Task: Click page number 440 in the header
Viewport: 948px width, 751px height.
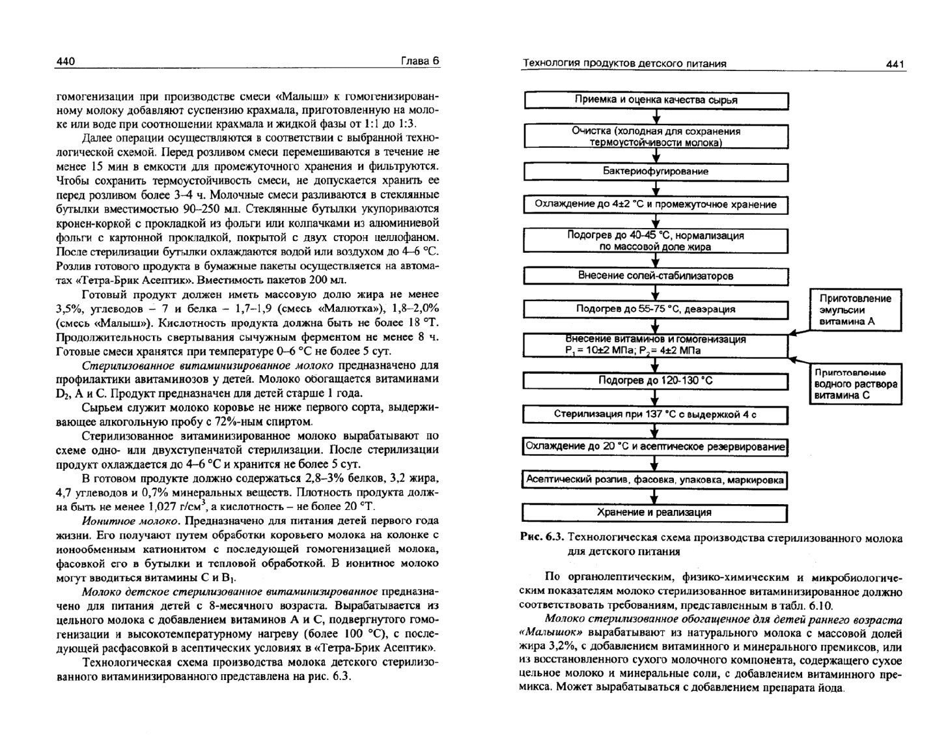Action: pyautogui.click(x=66, y=61)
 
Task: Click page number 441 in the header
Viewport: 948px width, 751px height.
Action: pyautogui.click(x=895, y=64)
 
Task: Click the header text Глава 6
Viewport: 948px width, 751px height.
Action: pyautogui.click(x=420, y=61)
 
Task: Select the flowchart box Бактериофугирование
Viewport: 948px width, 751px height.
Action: pyautogui.click(x=656, y=171)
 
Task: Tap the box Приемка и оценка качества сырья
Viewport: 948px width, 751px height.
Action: pyautogui.click(x=656, y=100)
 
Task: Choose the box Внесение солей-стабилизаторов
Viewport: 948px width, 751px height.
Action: pyautogui.click(x=656, y=276)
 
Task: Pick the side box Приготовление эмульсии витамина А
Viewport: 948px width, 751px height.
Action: pyautogui.click(x=855, y=310)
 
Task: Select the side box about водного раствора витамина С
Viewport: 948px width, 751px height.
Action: pyautogui.click(x=855, y=384)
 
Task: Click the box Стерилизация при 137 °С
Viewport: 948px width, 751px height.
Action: pyautogui.click(x=655, y=414)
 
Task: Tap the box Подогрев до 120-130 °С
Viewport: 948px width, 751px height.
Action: pyautogui.click(x=656, y=380)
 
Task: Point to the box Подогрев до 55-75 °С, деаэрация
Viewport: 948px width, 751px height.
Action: pyautogui.click(x=656, y=309)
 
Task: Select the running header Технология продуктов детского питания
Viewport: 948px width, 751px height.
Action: pyautogui.click(x=625, y=64)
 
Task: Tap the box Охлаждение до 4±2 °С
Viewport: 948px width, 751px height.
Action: pyautogui.click(x=656, y=205)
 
